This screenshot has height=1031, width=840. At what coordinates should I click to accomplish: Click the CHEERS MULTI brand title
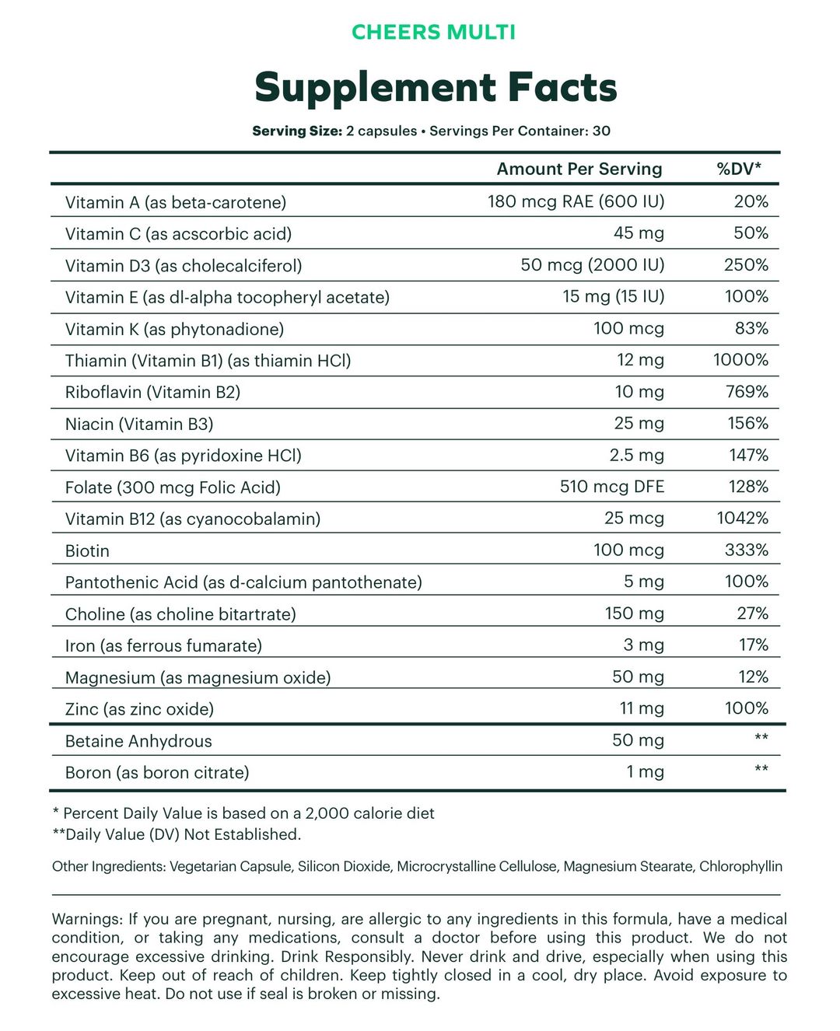433,33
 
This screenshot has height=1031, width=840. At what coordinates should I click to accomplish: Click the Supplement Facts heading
436,87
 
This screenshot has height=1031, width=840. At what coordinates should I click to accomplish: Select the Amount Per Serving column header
579,170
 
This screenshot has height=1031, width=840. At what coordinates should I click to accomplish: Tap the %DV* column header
739,170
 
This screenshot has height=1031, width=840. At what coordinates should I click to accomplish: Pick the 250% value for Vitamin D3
746,265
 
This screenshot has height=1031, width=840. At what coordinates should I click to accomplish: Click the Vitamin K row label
174,330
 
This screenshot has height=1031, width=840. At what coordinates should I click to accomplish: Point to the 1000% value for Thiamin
740,360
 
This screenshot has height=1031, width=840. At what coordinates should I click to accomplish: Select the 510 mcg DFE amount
612,488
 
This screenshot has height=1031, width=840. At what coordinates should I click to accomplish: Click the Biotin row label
87,551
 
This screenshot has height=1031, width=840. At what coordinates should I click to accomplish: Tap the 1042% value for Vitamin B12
742,519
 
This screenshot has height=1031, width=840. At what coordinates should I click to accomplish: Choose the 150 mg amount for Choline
635,614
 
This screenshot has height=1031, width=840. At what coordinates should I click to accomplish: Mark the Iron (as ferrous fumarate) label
163,646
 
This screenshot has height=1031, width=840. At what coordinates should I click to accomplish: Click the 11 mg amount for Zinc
639,709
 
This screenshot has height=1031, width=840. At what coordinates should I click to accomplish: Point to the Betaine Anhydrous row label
138,742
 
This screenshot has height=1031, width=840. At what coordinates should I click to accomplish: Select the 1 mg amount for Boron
645,773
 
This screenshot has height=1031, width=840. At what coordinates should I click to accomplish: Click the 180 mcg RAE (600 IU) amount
576,202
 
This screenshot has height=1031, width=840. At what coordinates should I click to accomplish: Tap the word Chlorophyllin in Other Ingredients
740,867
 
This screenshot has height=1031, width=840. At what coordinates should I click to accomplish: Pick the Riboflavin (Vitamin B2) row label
152,393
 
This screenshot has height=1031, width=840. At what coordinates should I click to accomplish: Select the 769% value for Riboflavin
747,392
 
